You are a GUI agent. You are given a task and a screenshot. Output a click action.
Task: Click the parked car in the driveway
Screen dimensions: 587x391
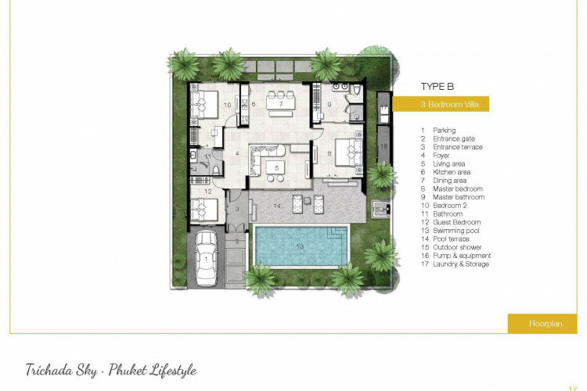click(207, 258)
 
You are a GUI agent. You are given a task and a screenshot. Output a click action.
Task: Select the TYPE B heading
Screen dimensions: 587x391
click(437, 87)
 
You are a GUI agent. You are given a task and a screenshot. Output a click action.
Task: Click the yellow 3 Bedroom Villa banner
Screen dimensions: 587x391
click(441, 104)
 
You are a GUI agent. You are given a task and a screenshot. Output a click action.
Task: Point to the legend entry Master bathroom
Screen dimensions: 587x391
click(459, 197)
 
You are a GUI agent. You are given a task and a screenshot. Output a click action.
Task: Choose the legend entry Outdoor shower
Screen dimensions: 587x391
click(457, 247)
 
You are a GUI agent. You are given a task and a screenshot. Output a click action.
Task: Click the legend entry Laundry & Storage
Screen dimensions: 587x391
click(461, 264)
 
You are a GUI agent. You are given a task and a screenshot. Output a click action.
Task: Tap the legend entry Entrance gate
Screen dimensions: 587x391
click(454, 139)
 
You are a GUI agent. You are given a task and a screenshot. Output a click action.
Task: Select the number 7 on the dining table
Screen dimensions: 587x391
click(281, 104)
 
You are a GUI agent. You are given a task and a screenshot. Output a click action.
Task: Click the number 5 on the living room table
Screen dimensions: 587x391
click(276, 168)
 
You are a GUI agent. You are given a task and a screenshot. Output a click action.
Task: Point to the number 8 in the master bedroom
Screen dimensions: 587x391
click(330, 153)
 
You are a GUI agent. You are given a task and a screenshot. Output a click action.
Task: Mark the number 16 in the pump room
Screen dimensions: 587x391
click(384, 146)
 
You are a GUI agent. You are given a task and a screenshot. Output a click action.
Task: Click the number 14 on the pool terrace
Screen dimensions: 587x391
click(276, 206)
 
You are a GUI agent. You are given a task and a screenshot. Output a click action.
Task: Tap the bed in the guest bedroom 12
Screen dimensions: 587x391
click(204, 210)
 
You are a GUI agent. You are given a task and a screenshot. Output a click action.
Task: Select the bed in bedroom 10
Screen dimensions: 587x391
click(204, 104)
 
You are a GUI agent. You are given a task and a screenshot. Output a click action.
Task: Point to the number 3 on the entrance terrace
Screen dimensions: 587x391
click(237, 209)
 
